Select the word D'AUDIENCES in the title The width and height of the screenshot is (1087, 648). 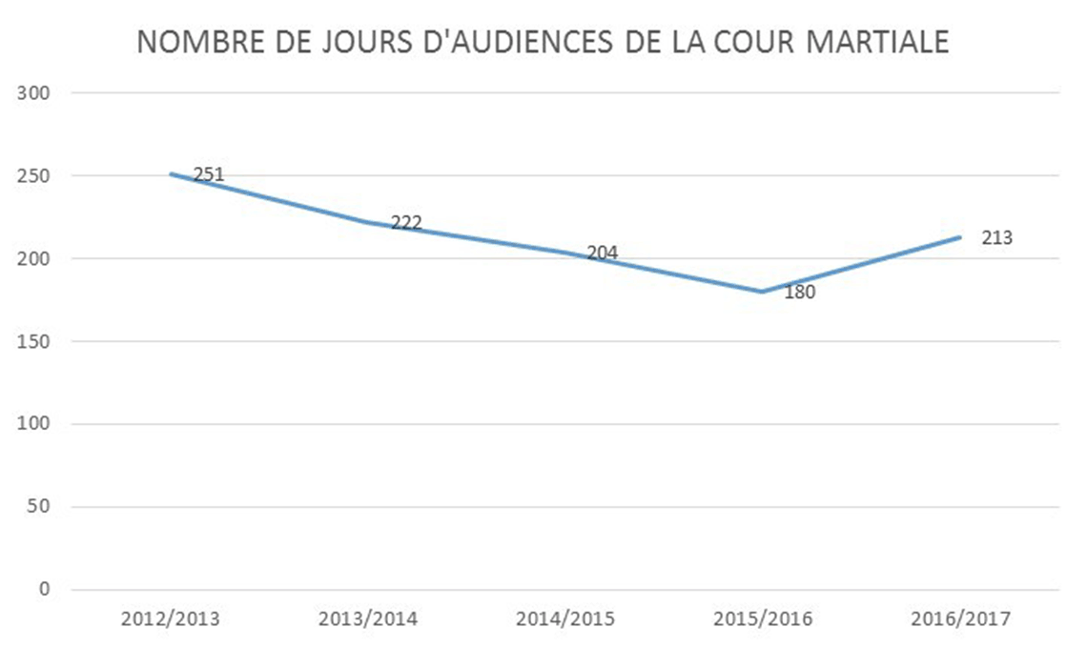point(476,43)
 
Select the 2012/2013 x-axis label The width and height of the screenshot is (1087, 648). point(171,618)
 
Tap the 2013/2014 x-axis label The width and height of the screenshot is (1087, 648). point(368,618)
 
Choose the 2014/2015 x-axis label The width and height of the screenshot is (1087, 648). point(565,618)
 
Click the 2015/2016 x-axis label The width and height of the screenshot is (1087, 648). point(763,618)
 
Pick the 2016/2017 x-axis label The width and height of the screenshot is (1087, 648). point(960,618)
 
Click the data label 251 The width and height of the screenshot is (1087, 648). point(209,175)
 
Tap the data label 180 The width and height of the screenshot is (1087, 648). point(800,293)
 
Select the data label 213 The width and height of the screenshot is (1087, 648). point(996,238)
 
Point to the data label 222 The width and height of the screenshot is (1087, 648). point(406,223)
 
